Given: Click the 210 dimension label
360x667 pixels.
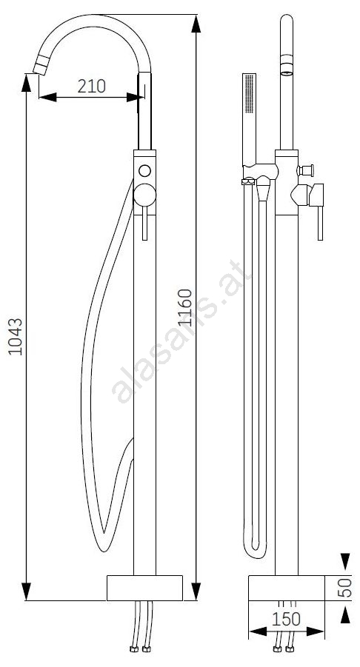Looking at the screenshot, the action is point(92,86).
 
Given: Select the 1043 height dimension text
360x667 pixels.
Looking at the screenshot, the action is point(16,336).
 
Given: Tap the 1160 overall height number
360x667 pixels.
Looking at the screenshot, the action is point(185,307).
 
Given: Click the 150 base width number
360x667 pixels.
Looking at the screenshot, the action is point(287,620).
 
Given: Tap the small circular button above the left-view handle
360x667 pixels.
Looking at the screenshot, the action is point(144,171).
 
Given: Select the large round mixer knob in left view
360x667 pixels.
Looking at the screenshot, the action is point(144,195).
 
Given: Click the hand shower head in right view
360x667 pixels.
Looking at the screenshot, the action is point(250,119).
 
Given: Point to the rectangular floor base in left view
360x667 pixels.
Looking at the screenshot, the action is point(144,589).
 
